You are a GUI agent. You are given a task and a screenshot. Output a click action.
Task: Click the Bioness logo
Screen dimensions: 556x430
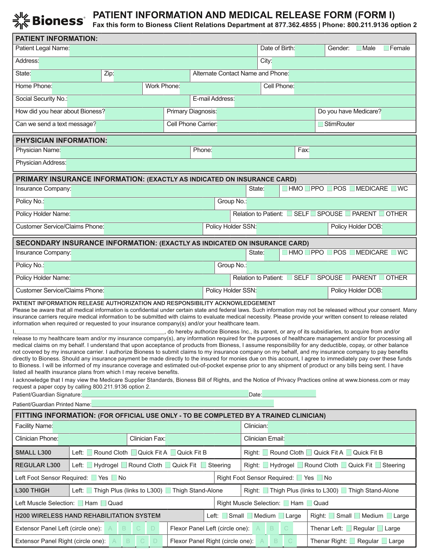[49, 21]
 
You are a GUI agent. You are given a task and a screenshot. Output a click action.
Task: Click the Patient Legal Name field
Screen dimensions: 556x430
[163, 51]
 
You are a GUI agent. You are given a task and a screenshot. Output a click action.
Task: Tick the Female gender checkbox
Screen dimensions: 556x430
[386, 48]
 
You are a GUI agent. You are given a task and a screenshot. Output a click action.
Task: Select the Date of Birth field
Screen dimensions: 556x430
[309, 51]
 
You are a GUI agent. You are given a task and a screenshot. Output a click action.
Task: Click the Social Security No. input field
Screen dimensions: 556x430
[128, 101]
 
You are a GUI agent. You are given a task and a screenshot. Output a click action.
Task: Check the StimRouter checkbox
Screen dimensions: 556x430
[321, 124]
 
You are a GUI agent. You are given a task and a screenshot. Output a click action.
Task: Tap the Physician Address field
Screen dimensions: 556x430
[241, 165]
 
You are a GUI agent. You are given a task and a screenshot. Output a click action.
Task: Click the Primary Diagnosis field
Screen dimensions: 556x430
[265, 114]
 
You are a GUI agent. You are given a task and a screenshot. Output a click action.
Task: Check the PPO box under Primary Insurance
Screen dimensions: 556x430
[307, 188]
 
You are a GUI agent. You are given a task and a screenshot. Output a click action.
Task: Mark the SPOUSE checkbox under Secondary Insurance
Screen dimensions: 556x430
[313, 277]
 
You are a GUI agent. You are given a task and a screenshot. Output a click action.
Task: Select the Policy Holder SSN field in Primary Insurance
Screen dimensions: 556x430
[292, 229]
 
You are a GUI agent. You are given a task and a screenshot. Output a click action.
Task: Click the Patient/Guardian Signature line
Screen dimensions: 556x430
[165, 394]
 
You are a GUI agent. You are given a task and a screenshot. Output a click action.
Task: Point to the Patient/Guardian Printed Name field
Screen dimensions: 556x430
[182, 404]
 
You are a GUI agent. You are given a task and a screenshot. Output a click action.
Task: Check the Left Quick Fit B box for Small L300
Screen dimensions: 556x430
[173, 452]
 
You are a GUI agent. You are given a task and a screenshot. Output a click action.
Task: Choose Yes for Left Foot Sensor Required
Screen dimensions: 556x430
[94, 478]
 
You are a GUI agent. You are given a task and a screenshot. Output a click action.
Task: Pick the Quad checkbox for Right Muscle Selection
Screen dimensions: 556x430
[310, 503]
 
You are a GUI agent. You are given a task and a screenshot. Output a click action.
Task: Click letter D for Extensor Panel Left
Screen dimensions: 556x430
[153, 528]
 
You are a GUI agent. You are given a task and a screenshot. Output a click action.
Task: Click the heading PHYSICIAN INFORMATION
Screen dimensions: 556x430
[61, 141]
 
